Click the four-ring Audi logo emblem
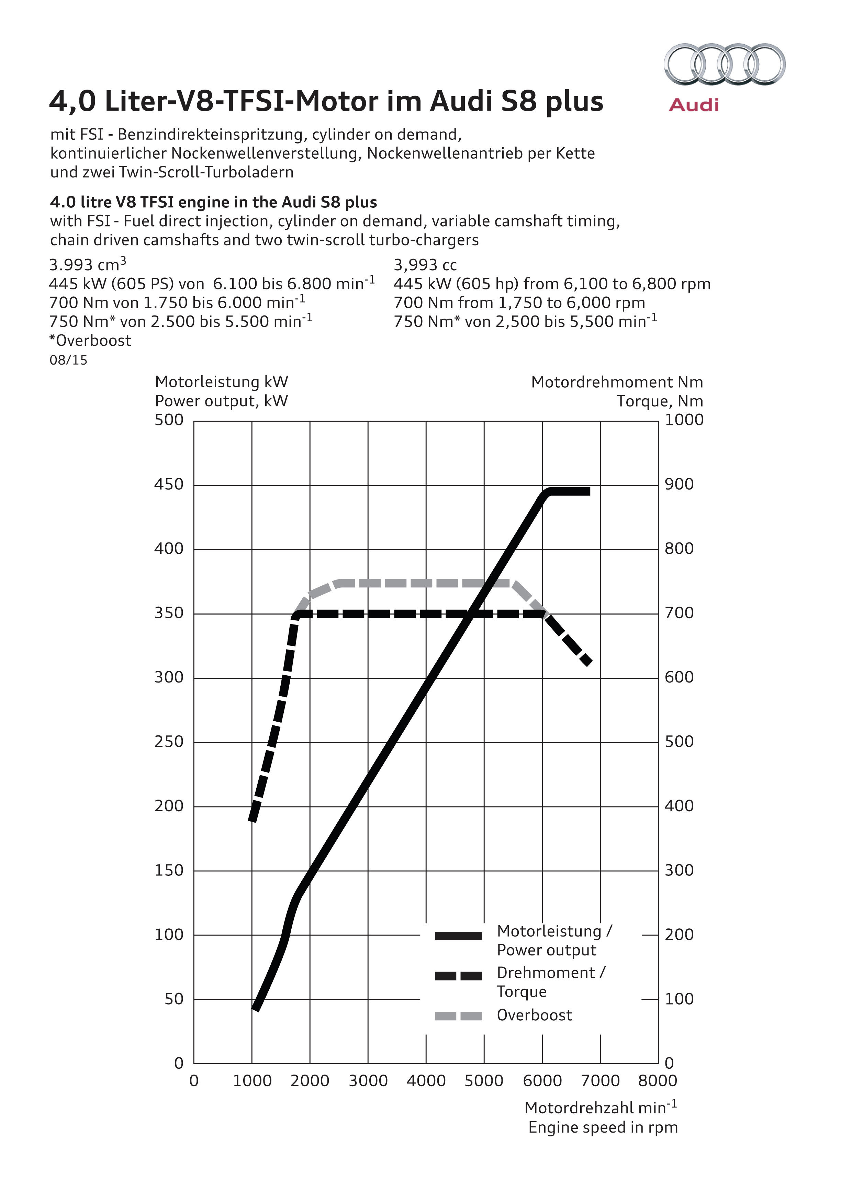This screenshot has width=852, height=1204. point(725,64)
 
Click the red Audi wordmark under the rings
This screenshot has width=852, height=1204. point(694,105)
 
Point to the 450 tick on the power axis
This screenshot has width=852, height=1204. point(169,484)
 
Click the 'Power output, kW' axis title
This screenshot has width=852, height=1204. point(221,401)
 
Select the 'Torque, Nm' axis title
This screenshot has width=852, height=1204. point(660,401)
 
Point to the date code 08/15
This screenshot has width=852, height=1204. point(68,360)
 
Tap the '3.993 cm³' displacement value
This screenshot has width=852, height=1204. point(87,265)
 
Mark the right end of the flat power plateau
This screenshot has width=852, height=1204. point(588,491)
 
